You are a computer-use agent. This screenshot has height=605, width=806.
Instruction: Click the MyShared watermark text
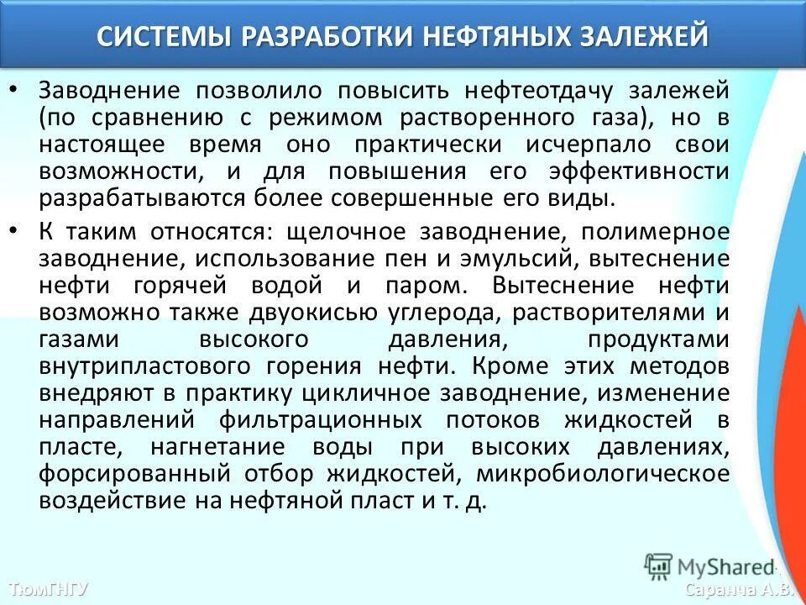click(720, 566)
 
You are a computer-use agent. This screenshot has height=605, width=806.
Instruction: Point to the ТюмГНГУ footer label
click(49, 588)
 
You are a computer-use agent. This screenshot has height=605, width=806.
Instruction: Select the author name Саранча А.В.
click(738, 588)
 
